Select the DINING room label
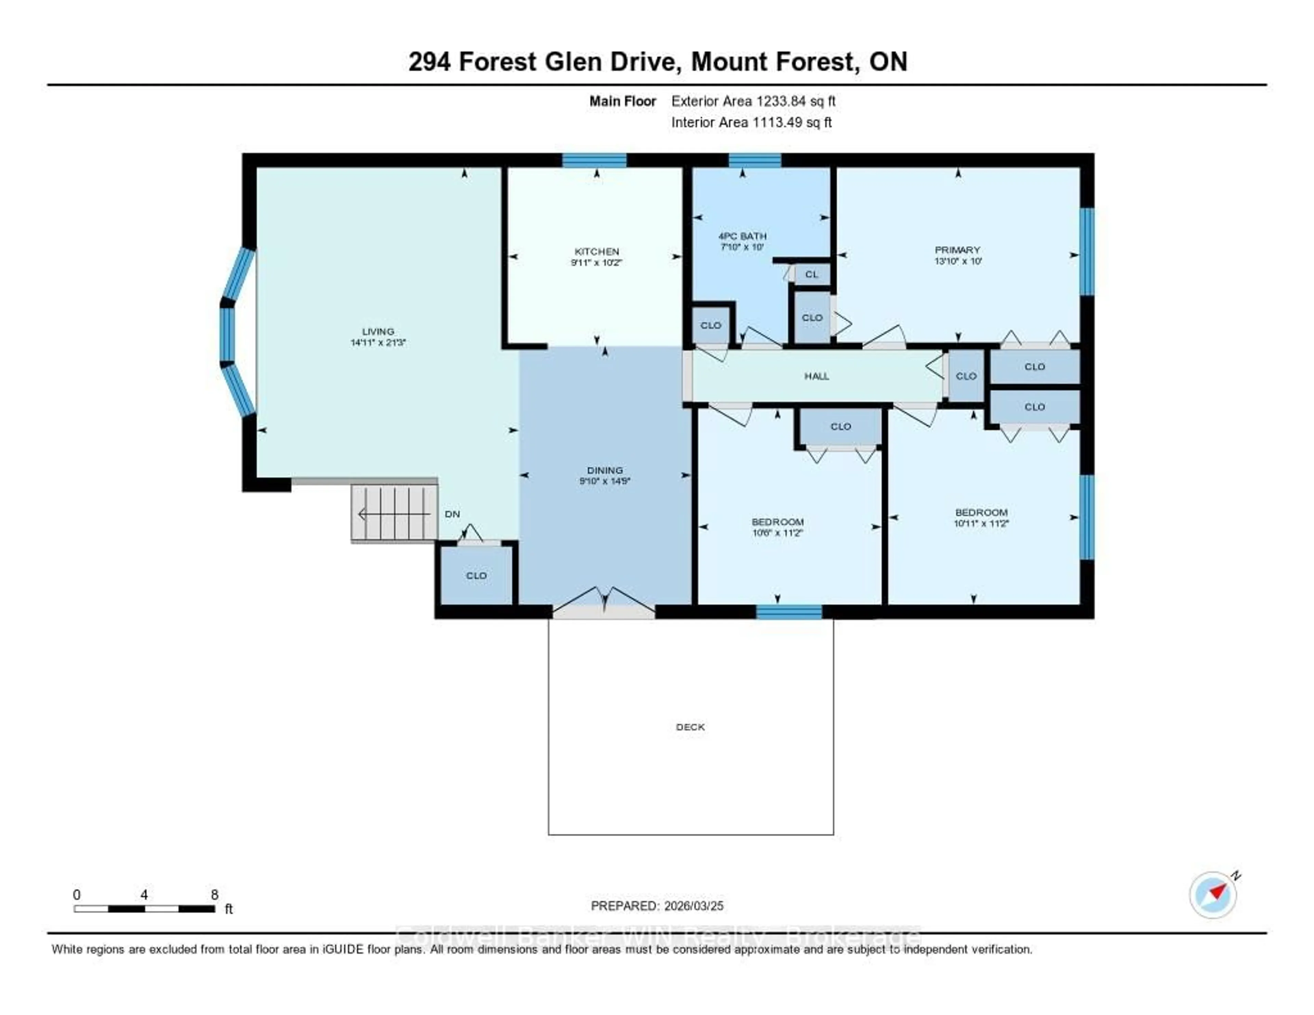pyautogui.click(x=605, y=470)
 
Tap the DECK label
pyautogui.click(x=690, y=727)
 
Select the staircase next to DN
pyautogui.click(x=394, y=514)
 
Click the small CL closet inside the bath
pyautogui.click(x=812, y=274)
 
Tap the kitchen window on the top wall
pyautogui.click(x=594, y=160)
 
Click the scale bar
pyautogui.click(x=144, y=909)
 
